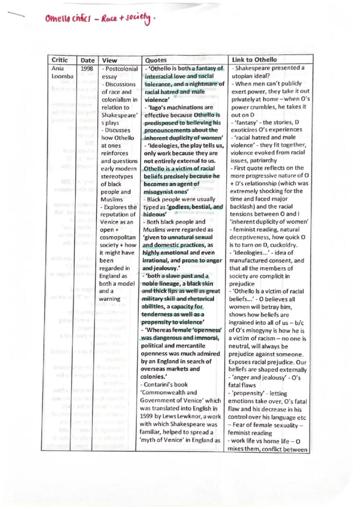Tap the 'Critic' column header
60,60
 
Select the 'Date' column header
87,60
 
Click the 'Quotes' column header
156,60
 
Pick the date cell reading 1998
87,68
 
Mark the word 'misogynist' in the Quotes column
159,191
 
